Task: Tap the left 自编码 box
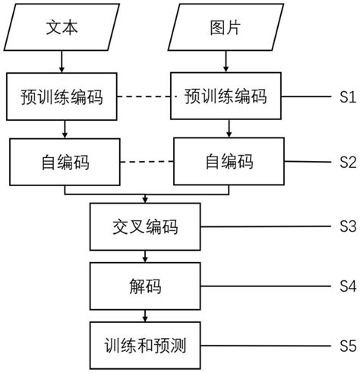coord(65,162)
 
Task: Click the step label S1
coord(347,97)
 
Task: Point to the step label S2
coord(347,162)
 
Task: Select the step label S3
coord(347,227)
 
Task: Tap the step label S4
coord(347,287)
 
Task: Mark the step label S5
coord(347,346)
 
